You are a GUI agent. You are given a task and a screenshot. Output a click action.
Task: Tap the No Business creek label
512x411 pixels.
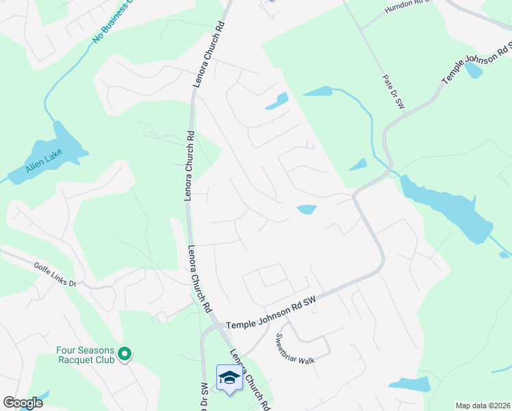click(112, 23)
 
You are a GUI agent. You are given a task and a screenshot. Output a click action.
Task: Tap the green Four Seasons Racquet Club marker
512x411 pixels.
click(124, 353)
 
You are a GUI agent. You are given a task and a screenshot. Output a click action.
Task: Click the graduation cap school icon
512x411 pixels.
click(229, 377)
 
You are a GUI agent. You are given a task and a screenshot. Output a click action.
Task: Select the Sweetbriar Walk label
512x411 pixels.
click(294, 349)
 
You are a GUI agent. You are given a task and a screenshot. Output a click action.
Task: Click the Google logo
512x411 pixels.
click(23, 403)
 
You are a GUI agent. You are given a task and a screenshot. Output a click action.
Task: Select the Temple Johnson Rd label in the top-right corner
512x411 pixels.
click(477, 62)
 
